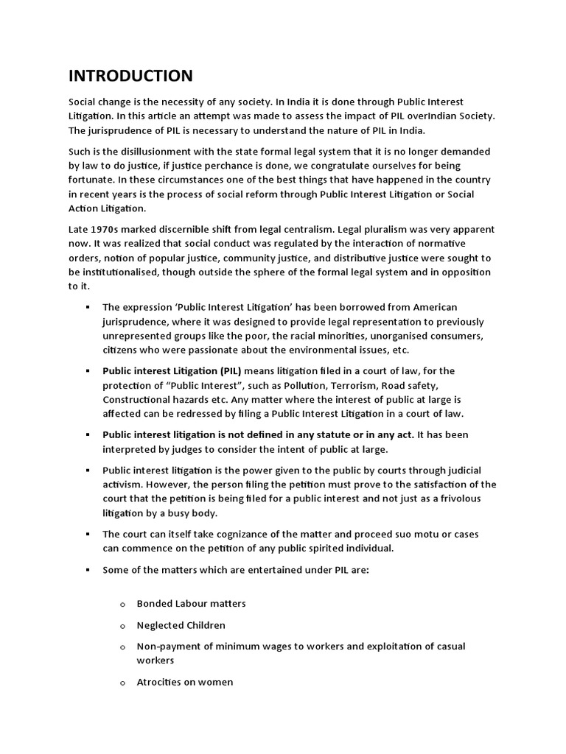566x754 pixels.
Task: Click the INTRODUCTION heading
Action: point(130,76)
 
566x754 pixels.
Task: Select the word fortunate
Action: point(92,180)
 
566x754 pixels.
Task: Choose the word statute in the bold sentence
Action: point(335,434)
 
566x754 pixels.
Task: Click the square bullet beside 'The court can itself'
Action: point(87,534)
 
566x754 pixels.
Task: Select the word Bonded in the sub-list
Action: point(153,604)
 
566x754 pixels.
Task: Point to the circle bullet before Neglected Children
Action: point(123,626)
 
